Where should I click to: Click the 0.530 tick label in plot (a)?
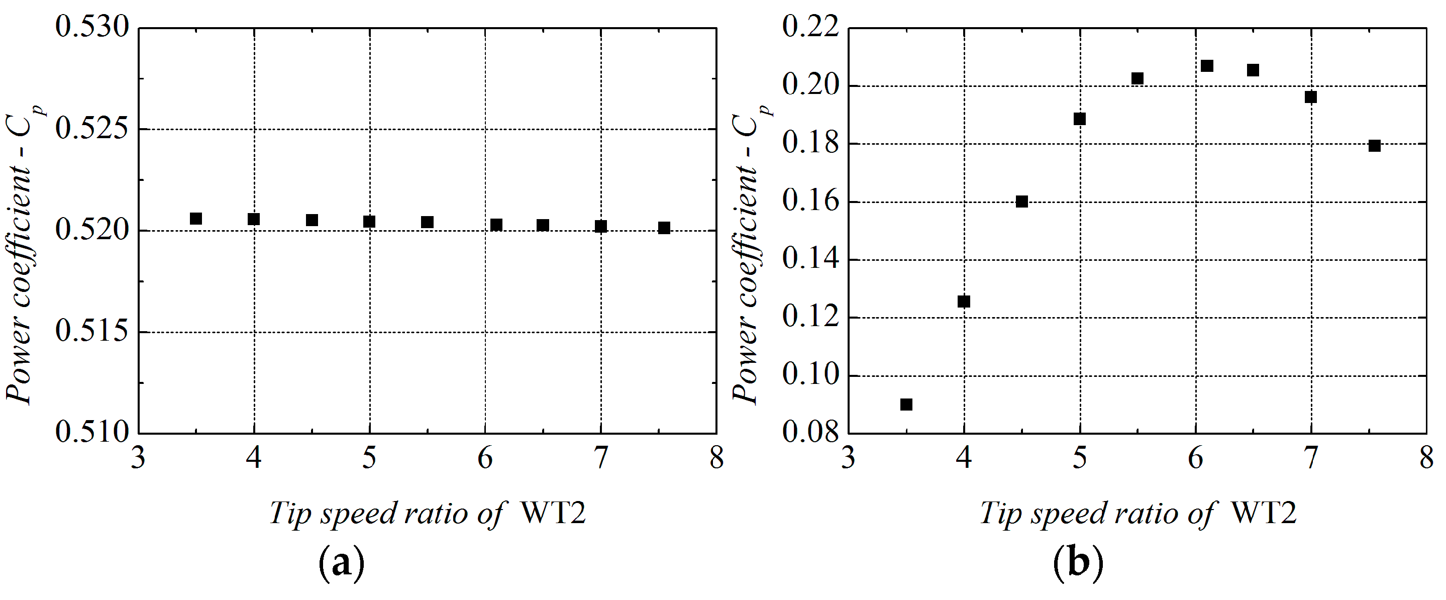[92, 27]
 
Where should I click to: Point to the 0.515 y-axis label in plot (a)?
[92, 331]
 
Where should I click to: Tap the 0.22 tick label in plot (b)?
[810, 27]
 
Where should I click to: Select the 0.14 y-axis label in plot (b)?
[810, 259]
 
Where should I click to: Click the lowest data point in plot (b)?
[906, 404]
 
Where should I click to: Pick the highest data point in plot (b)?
[1207, 66]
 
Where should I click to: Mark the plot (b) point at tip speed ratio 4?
[964, 302]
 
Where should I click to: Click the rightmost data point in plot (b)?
[1374, 145]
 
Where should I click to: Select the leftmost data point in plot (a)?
[196, 218]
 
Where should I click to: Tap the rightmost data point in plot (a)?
[664, 228]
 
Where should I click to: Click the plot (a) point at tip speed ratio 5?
[369, 222]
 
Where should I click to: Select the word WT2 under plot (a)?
[553, 513]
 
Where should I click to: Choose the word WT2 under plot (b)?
[1263, 513]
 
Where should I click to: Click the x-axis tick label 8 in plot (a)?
[717, 458]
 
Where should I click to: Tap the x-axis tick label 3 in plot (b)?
[848, 458]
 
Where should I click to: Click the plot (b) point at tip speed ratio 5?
[1079, 119]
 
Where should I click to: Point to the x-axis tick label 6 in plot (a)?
[485, 458]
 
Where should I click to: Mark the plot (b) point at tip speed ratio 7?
[1311, 96]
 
